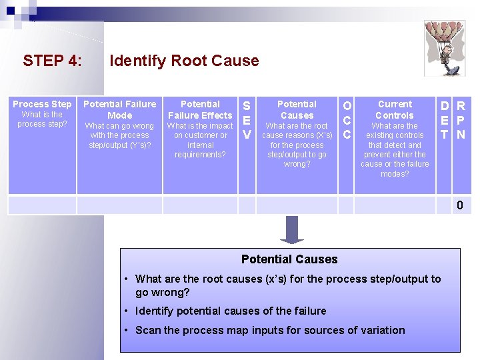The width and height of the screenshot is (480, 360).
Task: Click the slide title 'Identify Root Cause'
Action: click(184, 61)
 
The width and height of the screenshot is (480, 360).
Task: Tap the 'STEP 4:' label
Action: click(53, 61)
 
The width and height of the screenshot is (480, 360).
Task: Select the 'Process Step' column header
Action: click(42, 104)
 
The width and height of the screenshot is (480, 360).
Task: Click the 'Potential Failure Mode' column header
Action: click(120, 109)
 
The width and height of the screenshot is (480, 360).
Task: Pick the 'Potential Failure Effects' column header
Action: click(200, 109)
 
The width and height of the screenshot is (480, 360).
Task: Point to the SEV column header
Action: click(247, 120)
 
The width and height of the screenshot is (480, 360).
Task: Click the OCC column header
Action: click(346, 120)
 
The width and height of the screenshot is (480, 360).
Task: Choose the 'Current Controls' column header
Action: click(395, 109)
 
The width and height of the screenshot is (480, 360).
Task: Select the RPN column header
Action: click(461, 120)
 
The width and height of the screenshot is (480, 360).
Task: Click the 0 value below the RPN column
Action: click(460, 205)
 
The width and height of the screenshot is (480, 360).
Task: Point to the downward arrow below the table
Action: click(292, 229)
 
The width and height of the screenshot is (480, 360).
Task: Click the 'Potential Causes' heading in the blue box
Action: click(289, 259)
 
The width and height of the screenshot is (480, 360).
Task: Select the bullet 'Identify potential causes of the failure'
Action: click(231, 311)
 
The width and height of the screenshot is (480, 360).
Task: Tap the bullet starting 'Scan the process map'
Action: click(270, 330)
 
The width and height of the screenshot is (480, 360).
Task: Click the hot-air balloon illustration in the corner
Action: click(445, 45)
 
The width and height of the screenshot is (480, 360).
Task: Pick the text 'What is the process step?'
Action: click(41, 119)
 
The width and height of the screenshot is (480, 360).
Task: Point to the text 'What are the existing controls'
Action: click(395, 131)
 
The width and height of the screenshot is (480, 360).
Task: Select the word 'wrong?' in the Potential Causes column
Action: click(297, 164)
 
